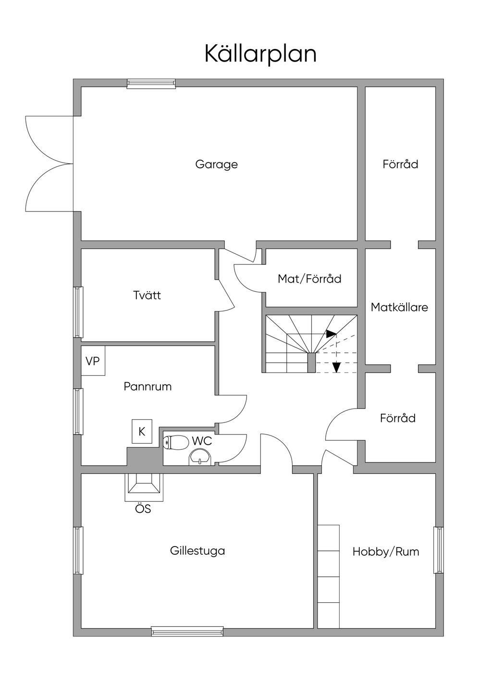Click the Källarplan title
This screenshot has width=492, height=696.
[x=260, y=54]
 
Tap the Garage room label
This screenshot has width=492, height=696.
[x=216, y=164]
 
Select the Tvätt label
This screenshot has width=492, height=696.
[x=147, y=295]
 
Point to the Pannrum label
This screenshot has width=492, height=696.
[x=148, y=386]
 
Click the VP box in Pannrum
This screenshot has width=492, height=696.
[x=93, y=361]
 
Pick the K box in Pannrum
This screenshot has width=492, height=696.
[x=142, y=432]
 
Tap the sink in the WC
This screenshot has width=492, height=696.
[x=200, y=457]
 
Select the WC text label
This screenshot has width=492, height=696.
[x=202, y=441]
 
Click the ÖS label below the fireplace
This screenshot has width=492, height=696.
[x=143, y=509]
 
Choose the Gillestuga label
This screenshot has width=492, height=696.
[x=197, y=551]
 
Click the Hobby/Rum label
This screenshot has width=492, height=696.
[x=386, y=552]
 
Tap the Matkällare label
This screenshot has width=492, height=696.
[x=399, y=307]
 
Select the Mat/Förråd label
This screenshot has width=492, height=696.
[x=309, y=279]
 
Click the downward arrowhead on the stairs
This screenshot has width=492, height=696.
[x=336, y=367]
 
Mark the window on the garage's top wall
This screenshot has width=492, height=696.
[x=151, y=84]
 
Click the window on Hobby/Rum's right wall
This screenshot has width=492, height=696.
[x=438, y=550]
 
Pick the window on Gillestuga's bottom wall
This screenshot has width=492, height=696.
[x=187, y=632]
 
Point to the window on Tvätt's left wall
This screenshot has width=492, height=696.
[x=78, y=312]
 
